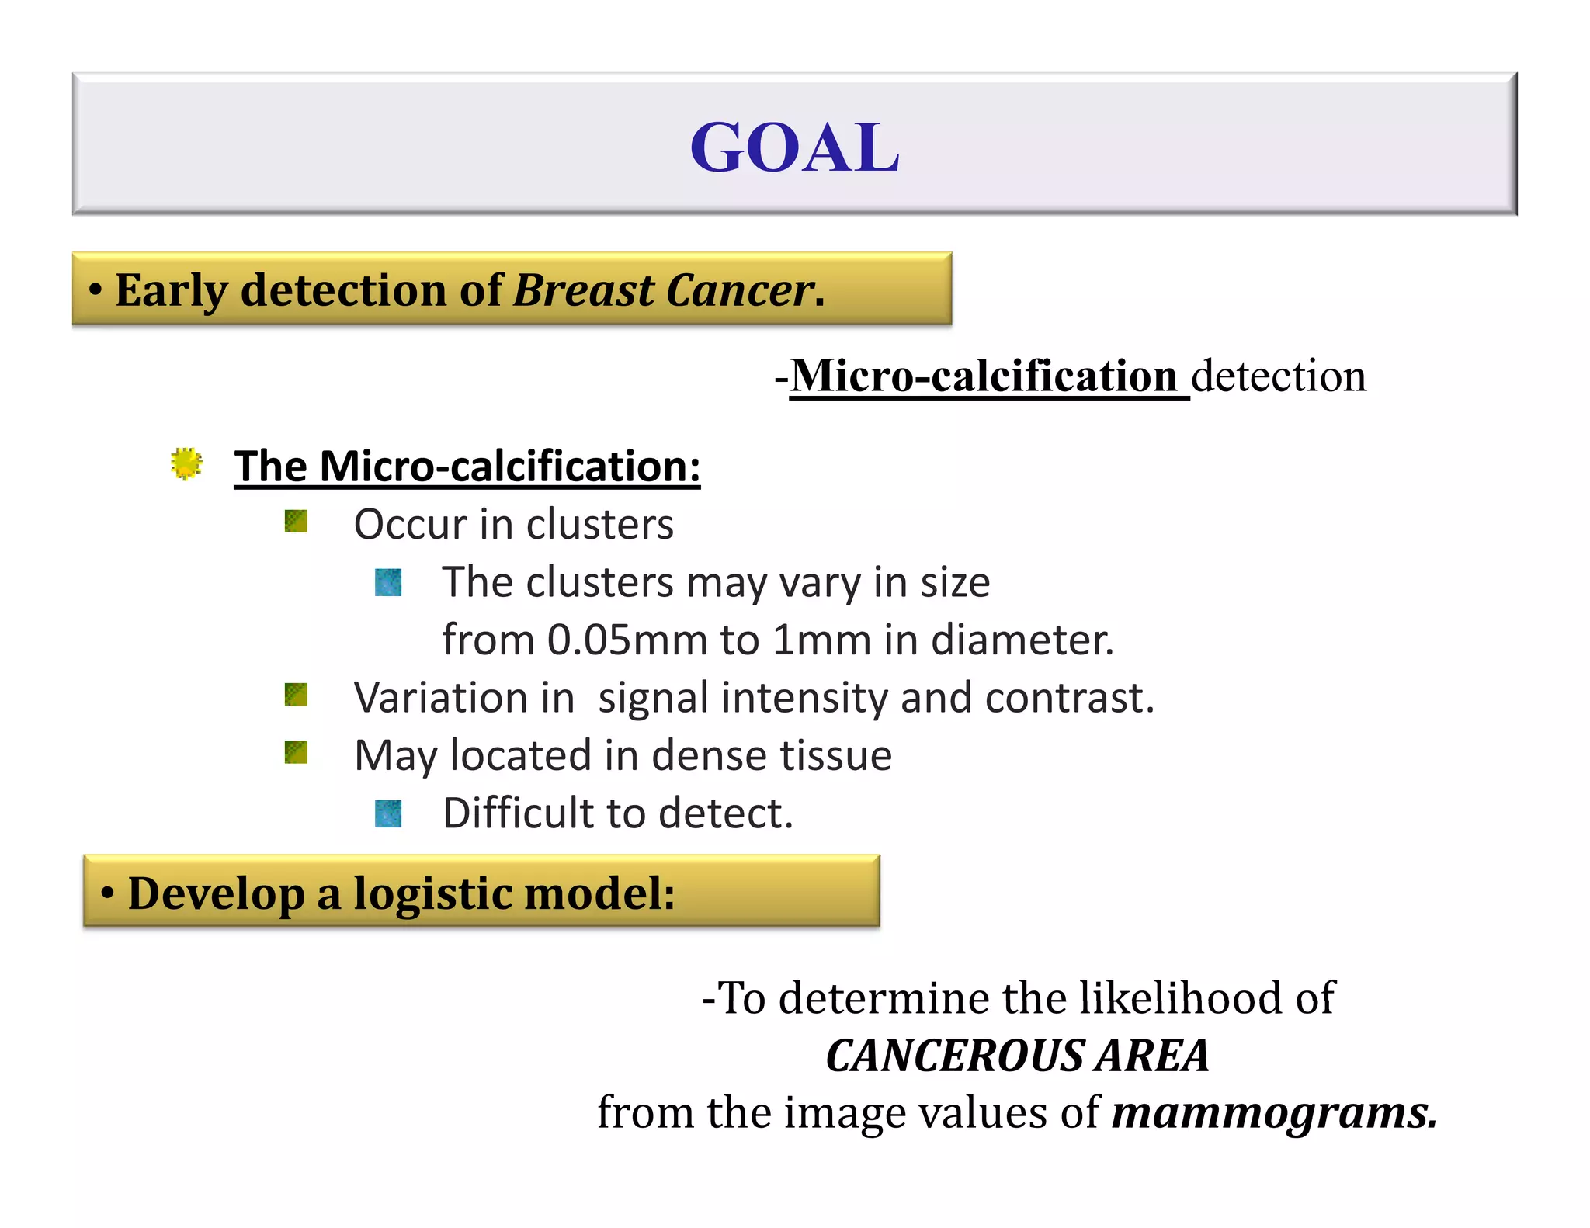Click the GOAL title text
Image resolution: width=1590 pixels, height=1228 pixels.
click(x=794, y=147)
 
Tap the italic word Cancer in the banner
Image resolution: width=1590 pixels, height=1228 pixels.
click(x=739, y=290)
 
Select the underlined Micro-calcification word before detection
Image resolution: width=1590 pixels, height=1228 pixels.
click(x=984, y=376)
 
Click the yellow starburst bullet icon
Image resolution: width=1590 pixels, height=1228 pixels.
click(x=186, y=463)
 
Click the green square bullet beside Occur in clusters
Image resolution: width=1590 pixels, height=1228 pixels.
click(x=296, y=521)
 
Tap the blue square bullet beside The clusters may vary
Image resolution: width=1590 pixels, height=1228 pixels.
click(x=388, y=582)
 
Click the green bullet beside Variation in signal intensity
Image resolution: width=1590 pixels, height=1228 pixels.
click(x=296, y=694)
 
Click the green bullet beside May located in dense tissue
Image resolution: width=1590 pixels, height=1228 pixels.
click(x=296, y=751)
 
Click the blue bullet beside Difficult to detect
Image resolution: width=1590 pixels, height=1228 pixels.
click(x=388, y=813)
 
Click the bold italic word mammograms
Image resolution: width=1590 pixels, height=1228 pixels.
click(x=1273, y=1113)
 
